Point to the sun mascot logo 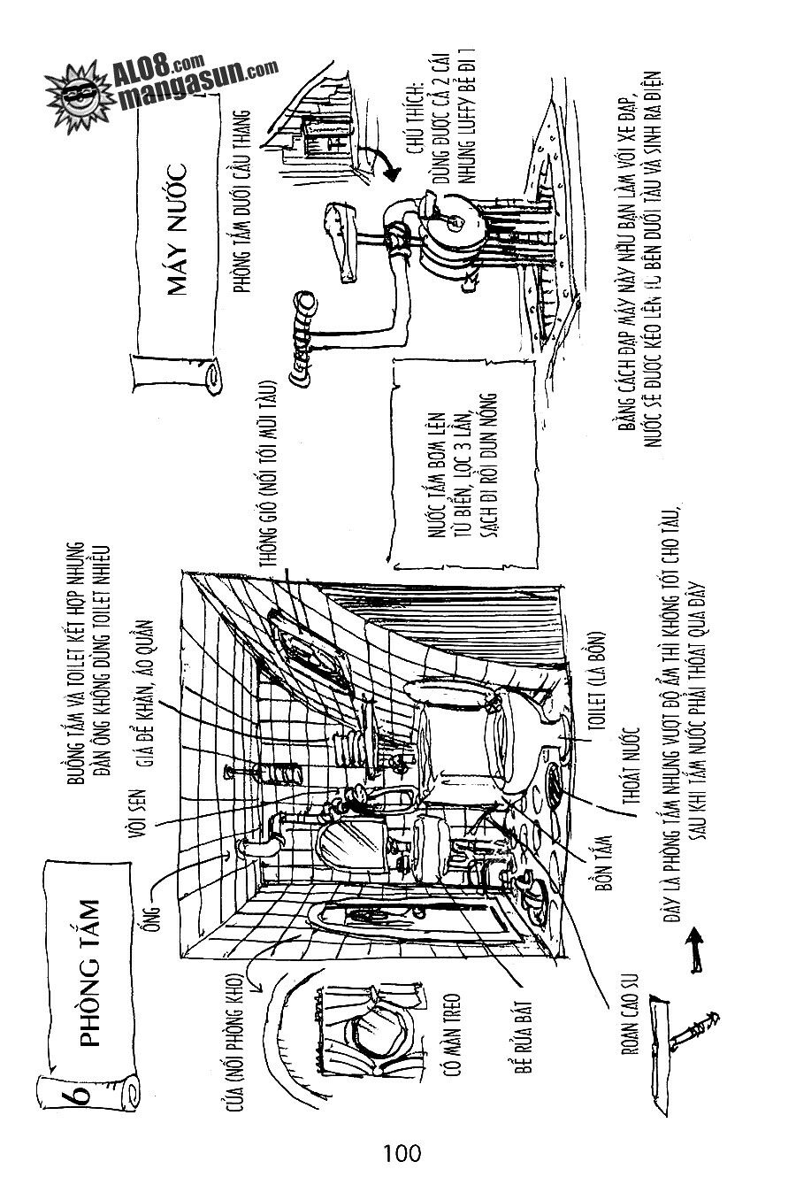point(82,87)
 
